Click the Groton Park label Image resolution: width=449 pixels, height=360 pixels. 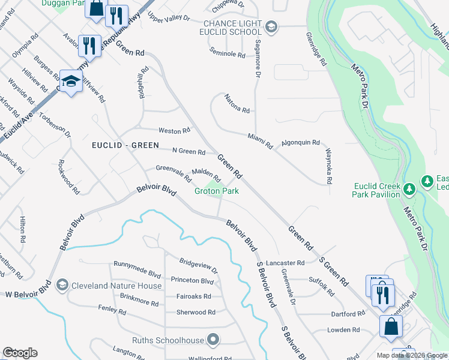[x=216, y=191]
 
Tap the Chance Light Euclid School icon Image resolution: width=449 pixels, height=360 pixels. [x=271, y=26]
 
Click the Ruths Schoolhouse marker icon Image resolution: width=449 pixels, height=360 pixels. [x=213, y=340]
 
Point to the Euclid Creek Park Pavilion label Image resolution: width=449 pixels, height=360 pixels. [x=376, y=190]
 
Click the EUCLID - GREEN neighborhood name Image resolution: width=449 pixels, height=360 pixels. [x=125, y=145]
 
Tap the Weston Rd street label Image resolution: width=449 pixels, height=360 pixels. [x=174, y=130]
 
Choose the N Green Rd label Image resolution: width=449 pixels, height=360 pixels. [x=188, y=152]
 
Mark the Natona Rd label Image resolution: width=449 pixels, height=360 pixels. [x=237, y=109]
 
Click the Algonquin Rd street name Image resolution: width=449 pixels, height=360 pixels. [x=301, y=142]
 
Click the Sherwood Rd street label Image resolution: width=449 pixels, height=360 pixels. [x=196, y=312]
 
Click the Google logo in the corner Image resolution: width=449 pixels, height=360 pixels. [x=20, y=353]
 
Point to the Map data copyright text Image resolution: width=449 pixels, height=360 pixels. [x=412, y=355]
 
